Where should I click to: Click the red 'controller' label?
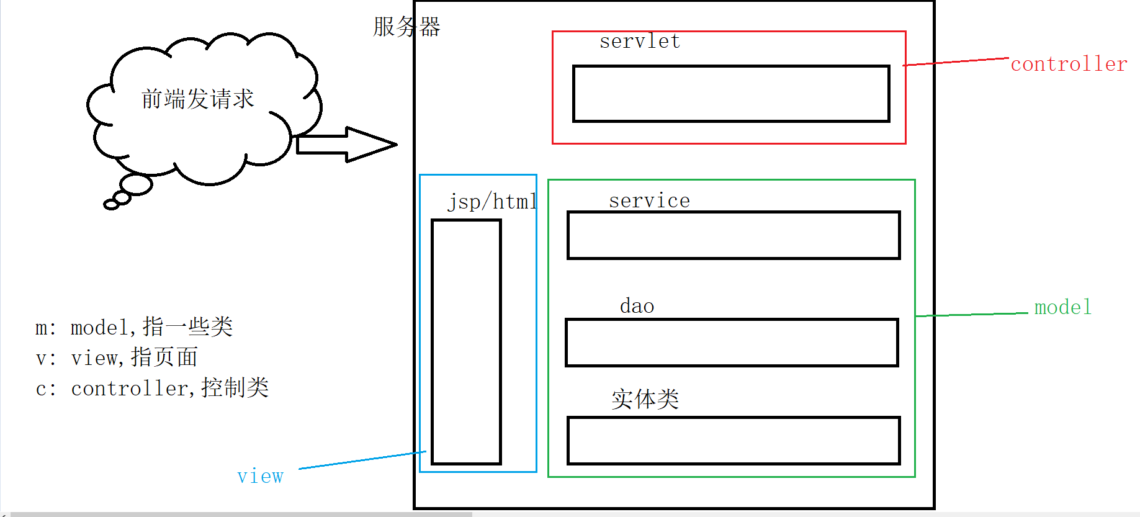(x=1068, y=64)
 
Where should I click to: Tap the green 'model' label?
(x=1062, y=307)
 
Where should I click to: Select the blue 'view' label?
(x=260, y=476)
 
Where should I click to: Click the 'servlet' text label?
(x=639, y=42)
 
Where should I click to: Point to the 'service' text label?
(x=649, y=200)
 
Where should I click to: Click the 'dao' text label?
(x=637, y=306)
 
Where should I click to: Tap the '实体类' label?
(x=645, y=399)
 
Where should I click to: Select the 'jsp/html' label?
(x=492, y=202)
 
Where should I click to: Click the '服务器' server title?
(x=406, y=27)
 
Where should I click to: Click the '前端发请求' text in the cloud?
(x=197, y=99)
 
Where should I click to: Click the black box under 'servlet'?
(x=731, y=94)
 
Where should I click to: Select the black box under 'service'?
(x=734, y=235)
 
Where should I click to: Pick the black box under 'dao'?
(x=732, y=343)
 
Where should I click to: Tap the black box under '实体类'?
(x=734, y=441)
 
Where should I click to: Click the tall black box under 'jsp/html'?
(x=466, y=341)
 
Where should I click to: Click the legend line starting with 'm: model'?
(x=134, y=327)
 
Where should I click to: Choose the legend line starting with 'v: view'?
(x=117, y=357)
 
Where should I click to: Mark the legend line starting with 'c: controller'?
(x=152, y=389)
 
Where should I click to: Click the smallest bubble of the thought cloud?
(x=111, y=205)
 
